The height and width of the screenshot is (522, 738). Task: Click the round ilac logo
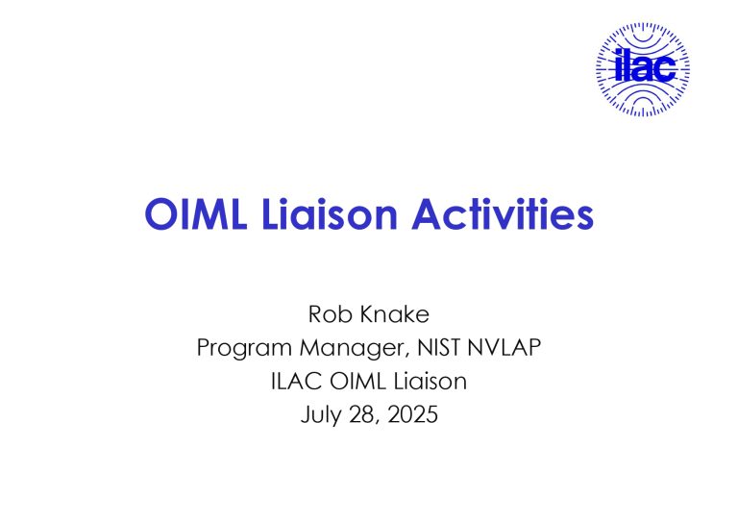pos(643,69)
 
